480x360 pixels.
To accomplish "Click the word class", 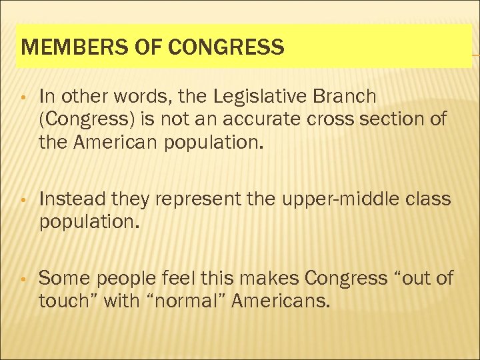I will point(429,199).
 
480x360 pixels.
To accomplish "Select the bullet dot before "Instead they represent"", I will point(23,200).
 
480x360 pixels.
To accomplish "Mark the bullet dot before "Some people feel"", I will point(23,279).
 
